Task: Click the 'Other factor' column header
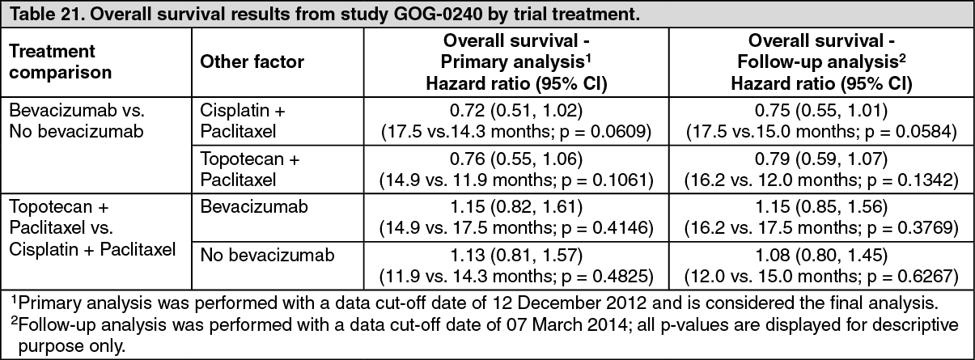(x=252, y=61)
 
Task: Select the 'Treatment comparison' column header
(x=60, y=61)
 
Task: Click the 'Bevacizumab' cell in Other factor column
(x=254, y=207)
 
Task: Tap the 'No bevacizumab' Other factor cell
(x=267, y=255)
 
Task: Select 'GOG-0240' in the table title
(x=438, y=14)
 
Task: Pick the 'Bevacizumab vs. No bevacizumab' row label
(x=77, y=121)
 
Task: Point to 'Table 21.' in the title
(x=45, y=14)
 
